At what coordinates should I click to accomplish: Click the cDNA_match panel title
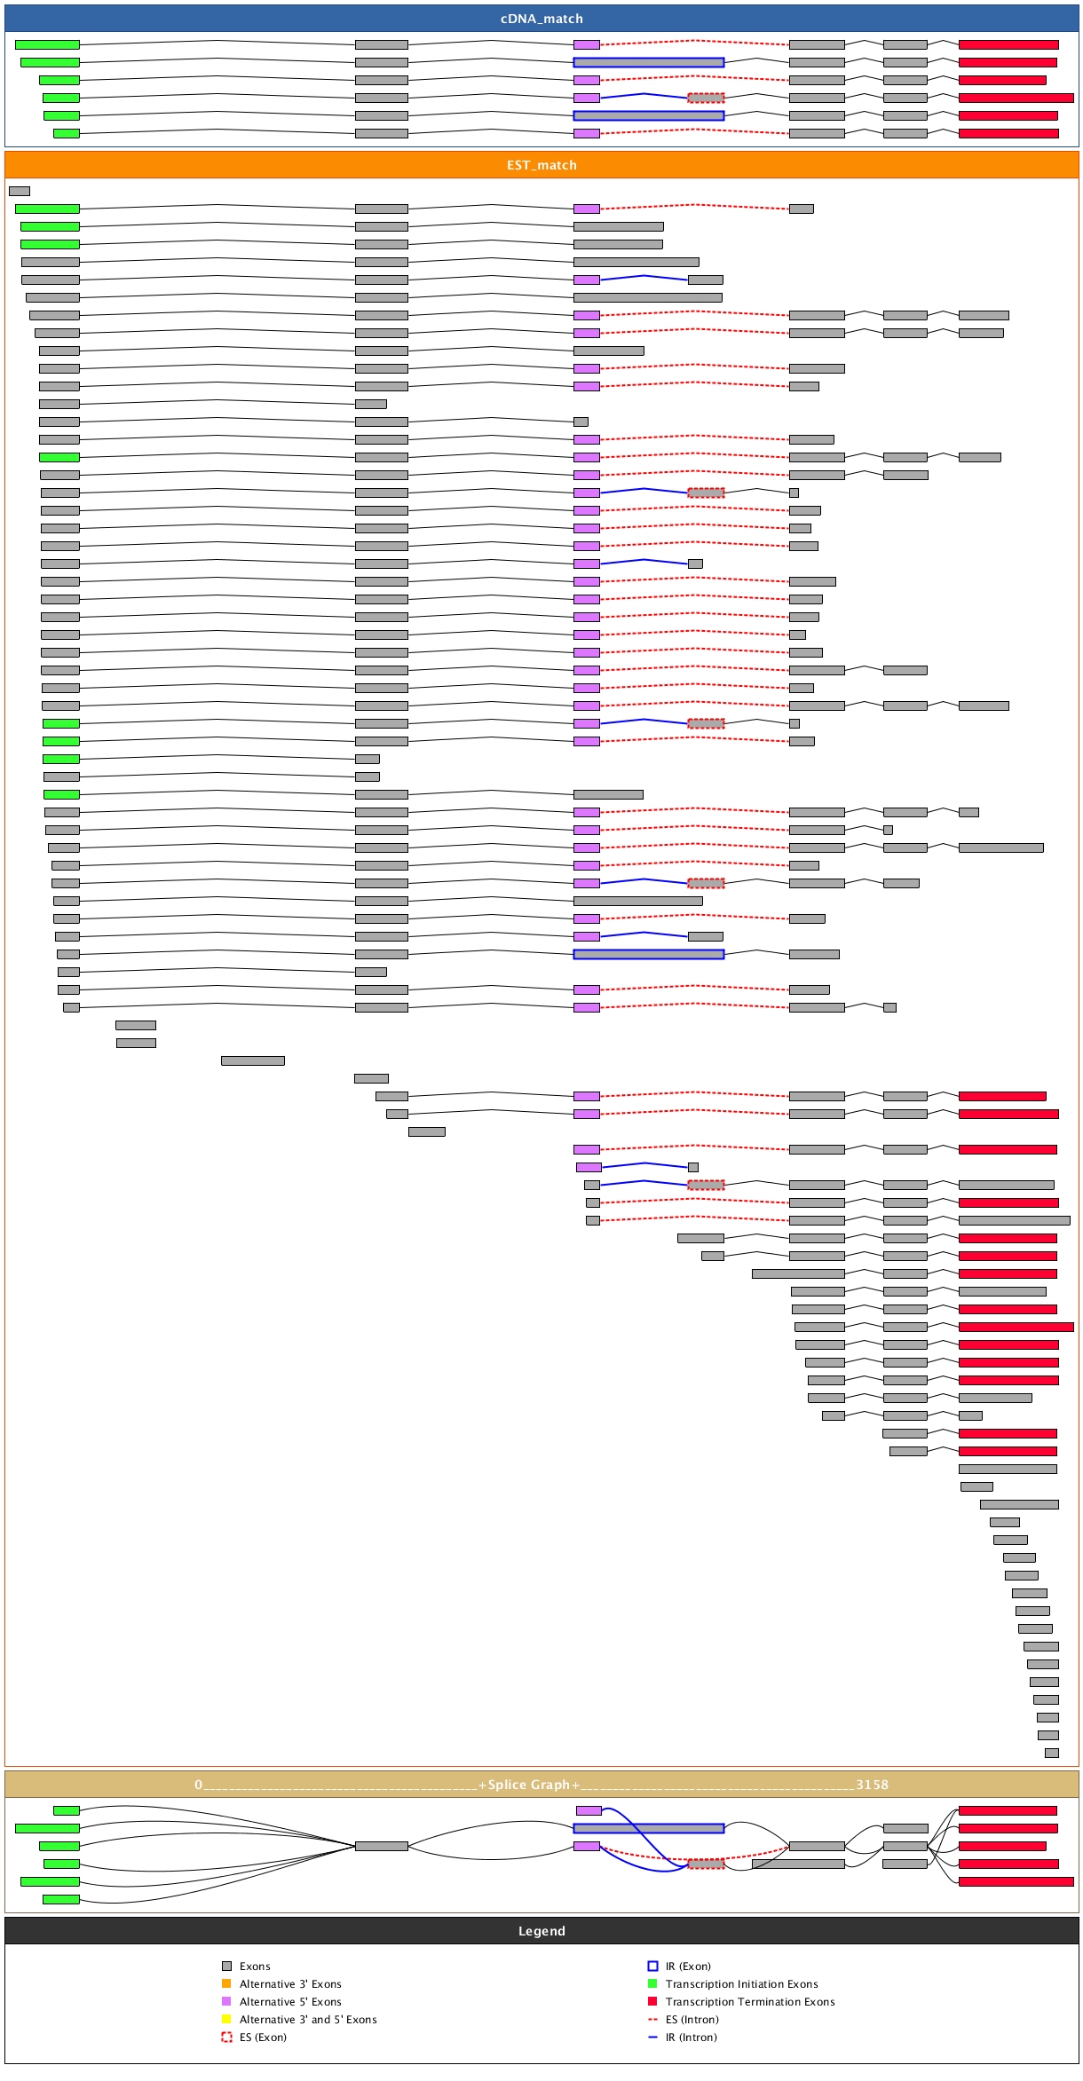[x=541, y=19]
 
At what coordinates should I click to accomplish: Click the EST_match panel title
[x=541, y=165]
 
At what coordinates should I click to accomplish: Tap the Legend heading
[x=541, y=1931]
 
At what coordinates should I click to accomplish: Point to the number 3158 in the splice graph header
[x=872, y=1785]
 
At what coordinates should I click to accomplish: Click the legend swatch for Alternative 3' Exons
[x=226, y=1984]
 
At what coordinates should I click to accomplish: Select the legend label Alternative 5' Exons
[x=290, y=2002]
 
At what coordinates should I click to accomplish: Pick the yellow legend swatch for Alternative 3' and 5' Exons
[x=226, y=2020]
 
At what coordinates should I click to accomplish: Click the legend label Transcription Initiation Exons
[x=741, y=1984]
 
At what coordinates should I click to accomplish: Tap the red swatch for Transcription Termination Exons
[x=652, y=2002]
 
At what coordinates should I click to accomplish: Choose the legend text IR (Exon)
[x=688, y=1967]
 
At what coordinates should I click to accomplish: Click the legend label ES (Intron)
[x=692, y=2020]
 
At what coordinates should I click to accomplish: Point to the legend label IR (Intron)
[x=692, y=2038]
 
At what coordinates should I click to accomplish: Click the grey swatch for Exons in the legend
[x=226, y=1967]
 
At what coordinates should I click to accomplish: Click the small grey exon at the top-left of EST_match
[x=20, y=191]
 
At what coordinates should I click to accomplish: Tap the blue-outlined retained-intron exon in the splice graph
[x=649, y=1828]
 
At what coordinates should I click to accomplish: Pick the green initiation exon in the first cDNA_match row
[x=47, y=44]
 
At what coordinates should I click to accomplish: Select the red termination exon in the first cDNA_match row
[x=1008, y=44]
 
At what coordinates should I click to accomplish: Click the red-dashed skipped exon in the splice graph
[x=706, y=1864]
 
